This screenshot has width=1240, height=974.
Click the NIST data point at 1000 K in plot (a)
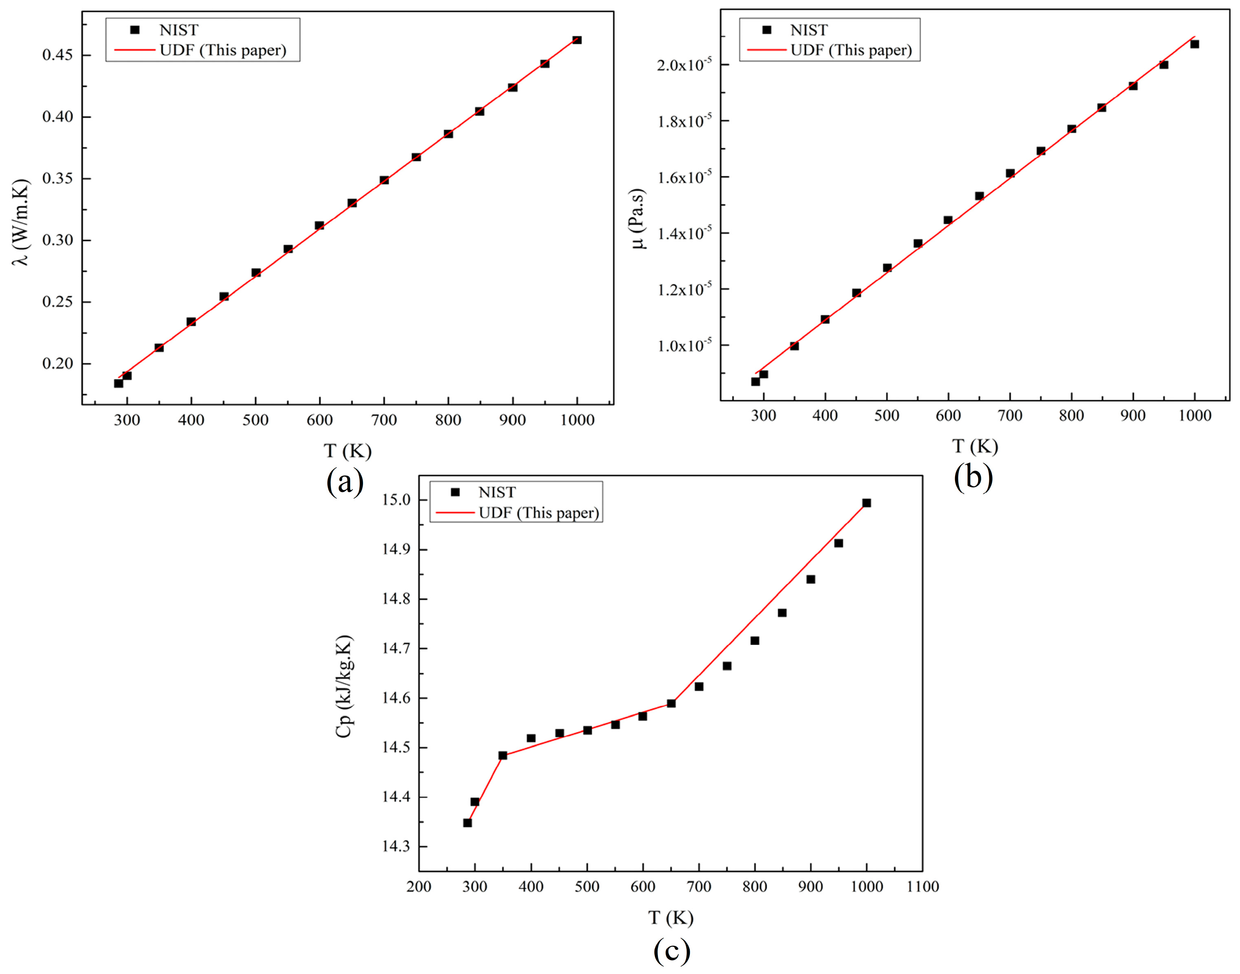click(577, 40)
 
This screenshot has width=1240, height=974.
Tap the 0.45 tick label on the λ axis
click(58, 55)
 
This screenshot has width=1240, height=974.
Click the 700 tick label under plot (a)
click(383, 420)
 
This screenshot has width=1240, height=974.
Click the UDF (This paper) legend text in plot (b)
click(851, 50)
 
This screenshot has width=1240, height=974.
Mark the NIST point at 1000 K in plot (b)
click(1194, 44)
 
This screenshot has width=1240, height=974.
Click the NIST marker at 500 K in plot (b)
click(887, 268)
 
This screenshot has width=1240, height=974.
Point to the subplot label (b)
click(973, 477)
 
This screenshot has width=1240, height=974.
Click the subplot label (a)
click(345, 482)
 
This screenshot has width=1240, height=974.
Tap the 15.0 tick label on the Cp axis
click(396, 500)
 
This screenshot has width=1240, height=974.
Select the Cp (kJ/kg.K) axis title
click(344, 687)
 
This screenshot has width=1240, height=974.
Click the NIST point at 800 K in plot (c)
click(755, 640)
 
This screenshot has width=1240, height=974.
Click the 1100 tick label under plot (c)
click(922, 887)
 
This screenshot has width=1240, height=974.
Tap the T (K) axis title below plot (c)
click(670, 918)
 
